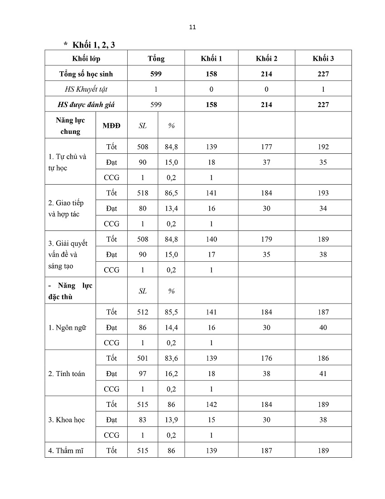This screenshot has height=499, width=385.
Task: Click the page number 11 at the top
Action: [x=192, y=27]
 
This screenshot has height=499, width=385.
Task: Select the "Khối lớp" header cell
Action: [x=86, y=59]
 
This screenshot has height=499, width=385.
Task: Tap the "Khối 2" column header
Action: [x=266, y=59]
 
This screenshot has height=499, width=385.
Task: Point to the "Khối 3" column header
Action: [x=323, y=59]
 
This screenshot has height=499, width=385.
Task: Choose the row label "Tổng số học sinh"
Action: [x=86, y=74]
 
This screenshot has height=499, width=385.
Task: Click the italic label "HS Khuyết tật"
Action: [x=86, y=89]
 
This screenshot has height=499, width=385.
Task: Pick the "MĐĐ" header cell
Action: [x=111, y=126]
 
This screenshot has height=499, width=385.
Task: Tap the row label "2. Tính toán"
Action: [x=67, y=374]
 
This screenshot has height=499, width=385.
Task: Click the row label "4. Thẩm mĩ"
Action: [x=66, y=450]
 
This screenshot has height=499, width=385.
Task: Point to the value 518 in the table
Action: [x=143, y=193]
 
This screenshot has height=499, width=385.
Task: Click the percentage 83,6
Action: [x=171, y=358]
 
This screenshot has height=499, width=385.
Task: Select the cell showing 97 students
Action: [x=143, y=374]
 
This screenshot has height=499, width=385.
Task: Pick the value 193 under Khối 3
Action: [x=323, y=193]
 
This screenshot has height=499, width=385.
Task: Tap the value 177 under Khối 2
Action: [x=266, y=147]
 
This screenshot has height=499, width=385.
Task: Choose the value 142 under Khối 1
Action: [x=211, y=404]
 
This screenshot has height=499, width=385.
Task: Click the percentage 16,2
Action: [x=171, y=374]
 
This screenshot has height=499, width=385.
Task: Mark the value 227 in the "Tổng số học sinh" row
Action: [x=323, y=74]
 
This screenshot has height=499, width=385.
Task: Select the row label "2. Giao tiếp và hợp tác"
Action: [x=66, y=208]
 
